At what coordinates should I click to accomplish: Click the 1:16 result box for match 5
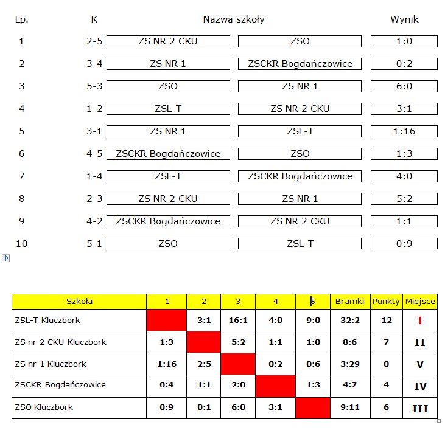pos(404,131)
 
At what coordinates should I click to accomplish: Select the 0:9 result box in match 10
pos(404,244)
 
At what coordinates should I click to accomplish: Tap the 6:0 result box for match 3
pos(404,86)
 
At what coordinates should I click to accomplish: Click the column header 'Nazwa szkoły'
pos(234,19)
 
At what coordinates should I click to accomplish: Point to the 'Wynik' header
pos(404,19)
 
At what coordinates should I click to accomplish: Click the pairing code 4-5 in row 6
pos(94,154)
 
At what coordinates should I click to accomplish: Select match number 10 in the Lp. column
pos(22,244)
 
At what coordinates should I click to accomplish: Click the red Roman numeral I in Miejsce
pos(420,321)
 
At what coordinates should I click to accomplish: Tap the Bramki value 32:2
pos(349,321)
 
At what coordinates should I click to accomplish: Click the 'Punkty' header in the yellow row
pos(386,301)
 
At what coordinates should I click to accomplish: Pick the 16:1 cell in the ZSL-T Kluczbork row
pos(238,321)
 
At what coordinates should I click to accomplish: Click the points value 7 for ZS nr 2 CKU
pos(386,342)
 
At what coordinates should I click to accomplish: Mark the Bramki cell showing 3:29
pos(349,364)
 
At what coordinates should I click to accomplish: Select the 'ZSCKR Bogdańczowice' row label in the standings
pos(60,385)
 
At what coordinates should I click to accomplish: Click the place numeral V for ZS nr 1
pos(420,364)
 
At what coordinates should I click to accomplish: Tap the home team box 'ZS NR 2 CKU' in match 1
pos(168,41)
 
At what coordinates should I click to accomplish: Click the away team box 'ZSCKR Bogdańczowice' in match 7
pos(300,176)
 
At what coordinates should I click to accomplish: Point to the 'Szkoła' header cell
pos(80,301)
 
